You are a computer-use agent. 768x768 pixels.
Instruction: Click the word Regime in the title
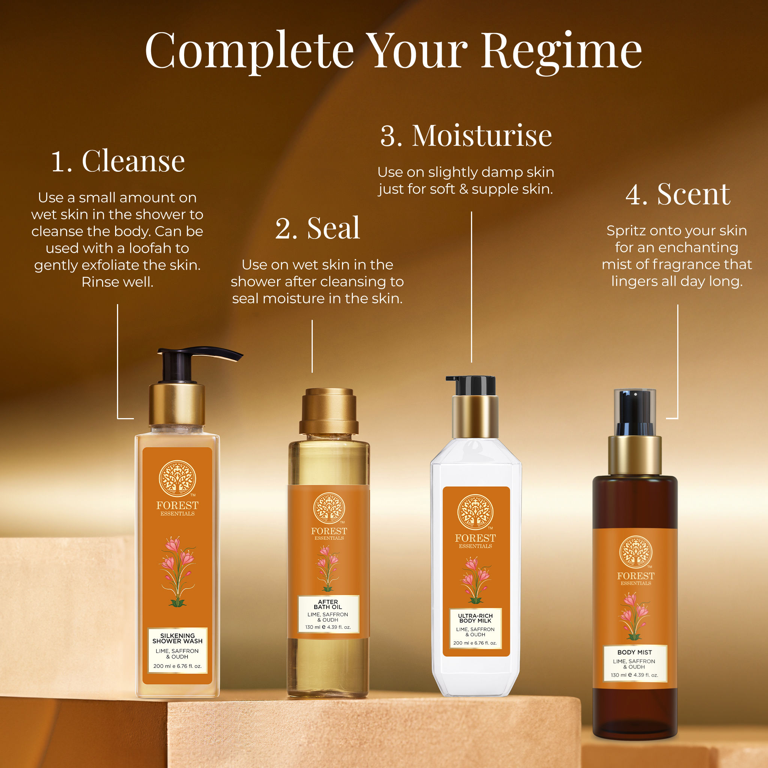(x=562, y=52)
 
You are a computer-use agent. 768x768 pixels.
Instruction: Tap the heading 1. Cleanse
(x=118, y=161)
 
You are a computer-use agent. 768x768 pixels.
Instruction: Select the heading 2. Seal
(x=318, y=228)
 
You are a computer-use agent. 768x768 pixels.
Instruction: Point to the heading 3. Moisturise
(x=466, y=135)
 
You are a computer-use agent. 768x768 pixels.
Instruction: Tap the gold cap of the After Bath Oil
(x=329, y=411)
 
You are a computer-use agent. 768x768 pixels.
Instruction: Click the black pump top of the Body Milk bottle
(x=472, y=385)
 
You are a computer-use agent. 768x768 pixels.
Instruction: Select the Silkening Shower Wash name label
(x=178, y=650)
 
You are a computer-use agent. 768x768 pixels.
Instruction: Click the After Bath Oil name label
(x=328, y=614)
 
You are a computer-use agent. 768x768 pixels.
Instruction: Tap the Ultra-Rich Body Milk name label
(x=475, y=628)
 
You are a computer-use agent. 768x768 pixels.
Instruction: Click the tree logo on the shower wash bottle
(x=177, y=478)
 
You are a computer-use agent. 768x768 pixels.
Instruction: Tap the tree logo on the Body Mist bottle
(x=636, y=552)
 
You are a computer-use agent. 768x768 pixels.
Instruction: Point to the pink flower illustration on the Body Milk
(x=475, y=580)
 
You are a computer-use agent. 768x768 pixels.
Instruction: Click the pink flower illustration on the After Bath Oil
(x=327, y=568)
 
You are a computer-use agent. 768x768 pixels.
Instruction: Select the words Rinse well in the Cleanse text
(x=117, y=282)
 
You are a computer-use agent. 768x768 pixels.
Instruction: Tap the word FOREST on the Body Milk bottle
(x=475, y=538)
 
